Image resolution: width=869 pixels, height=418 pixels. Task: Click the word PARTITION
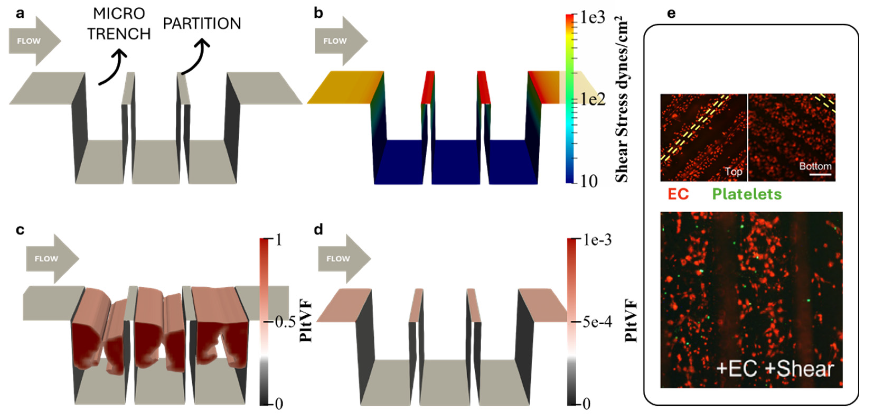point(202,23)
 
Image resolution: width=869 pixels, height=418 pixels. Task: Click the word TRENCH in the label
point(119,34)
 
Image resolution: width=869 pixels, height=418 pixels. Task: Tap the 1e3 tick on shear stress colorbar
point(592,17)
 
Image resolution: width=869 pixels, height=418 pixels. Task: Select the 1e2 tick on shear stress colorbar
point(592,99)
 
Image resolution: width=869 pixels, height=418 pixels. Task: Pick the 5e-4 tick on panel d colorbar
point(596,322)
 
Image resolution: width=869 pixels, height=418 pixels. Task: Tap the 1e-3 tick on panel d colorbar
point(596,240)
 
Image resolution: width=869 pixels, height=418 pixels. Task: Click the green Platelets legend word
point(746,194)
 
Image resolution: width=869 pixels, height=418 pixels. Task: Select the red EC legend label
point(678,194)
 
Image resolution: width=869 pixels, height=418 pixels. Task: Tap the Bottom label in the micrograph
point(815,166)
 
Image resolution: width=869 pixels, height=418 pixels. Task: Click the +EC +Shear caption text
point(774,369)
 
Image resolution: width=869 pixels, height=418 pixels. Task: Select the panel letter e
point(671,13)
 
